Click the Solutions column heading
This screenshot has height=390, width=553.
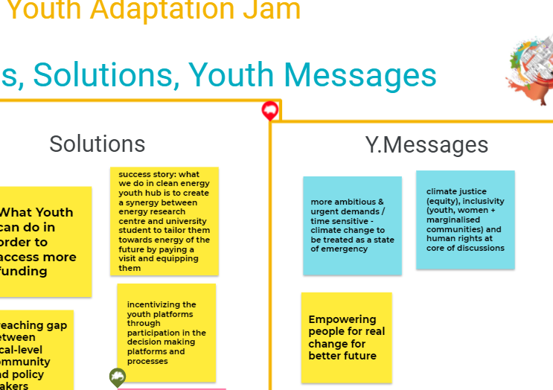(x=98, y=144)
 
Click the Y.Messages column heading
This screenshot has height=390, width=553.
(x=426, y=144)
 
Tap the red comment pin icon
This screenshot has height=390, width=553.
(x=270, y=112)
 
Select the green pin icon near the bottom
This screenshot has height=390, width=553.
(x=118, y=377)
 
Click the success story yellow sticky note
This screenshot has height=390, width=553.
(x=164, y=220)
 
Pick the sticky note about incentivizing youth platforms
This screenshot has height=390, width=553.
(x=166, y=333)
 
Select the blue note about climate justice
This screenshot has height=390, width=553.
(x=465, y=220)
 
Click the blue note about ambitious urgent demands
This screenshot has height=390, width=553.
(x=352, y=226)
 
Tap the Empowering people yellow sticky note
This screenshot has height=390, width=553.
(x=346, y=337)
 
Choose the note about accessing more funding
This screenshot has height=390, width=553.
(x=45, y=242)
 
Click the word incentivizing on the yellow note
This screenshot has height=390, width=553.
(x=162, y=304)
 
